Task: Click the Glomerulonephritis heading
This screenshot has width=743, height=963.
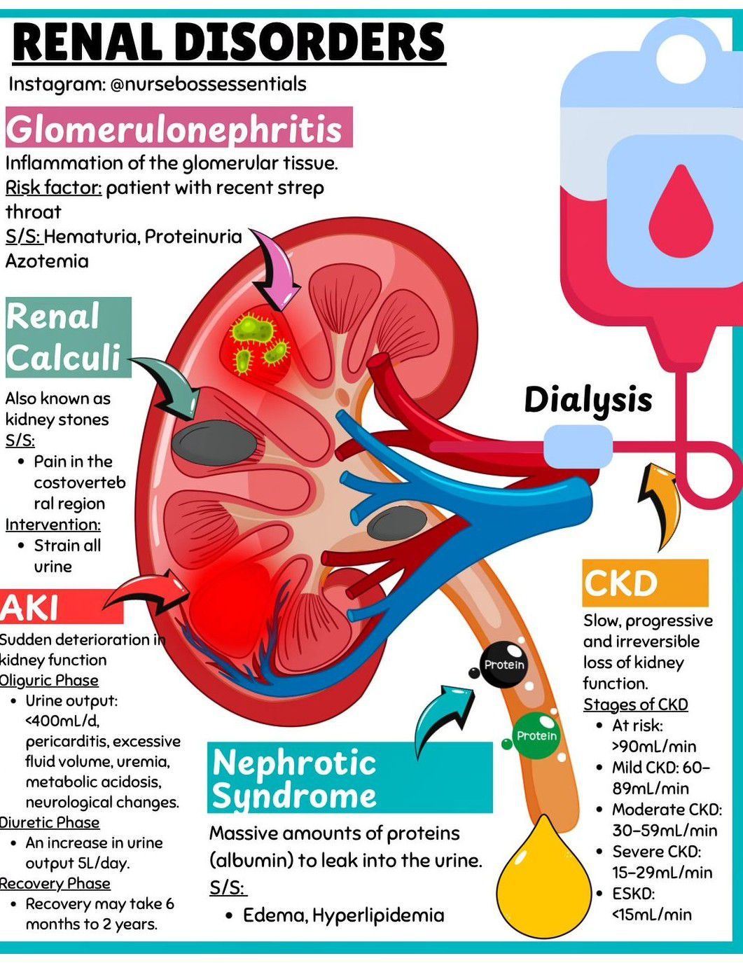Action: [179, 127]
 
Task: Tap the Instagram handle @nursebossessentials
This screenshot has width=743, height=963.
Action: [208, 84]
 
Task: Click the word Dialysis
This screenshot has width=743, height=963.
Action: [588, 401]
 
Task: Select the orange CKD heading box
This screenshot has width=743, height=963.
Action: [645, 583]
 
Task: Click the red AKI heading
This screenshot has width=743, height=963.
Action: [61, 607]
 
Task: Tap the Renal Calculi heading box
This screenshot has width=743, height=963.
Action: [68, 338]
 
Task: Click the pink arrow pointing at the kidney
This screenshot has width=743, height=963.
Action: [277, 270]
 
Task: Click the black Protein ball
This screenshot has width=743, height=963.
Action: [504, 665]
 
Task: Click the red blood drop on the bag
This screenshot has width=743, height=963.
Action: [681, 215]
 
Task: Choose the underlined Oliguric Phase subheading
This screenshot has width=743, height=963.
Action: [49, 680]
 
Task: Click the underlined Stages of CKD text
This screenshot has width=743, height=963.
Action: [635, 704]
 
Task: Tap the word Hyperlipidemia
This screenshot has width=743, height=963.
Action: [378, 915]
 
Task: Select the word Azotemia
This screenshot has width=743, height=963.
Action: [47, 261]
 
